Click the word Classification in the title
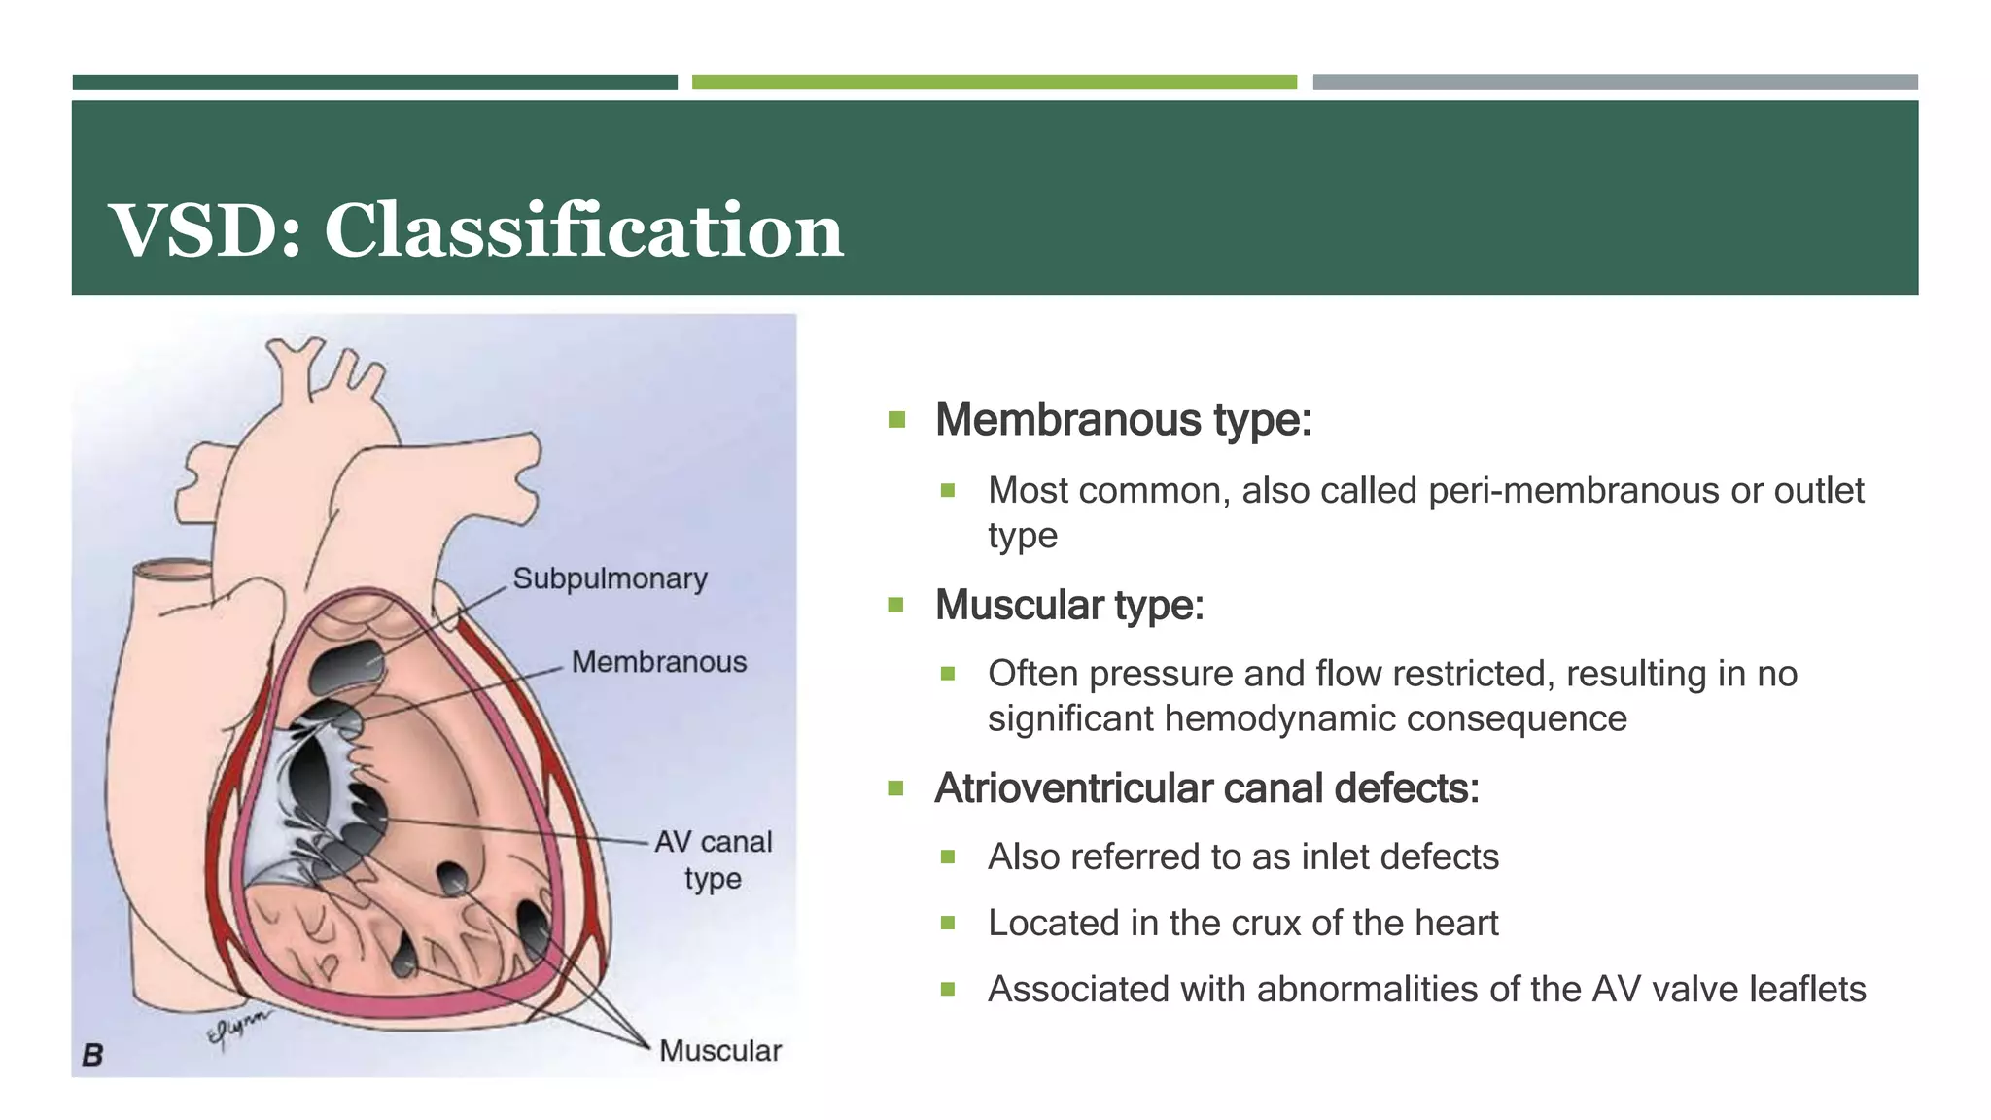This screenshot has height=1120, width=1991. point(583,230)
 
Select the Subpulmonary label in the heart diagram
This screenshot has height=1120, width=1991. point(610,578)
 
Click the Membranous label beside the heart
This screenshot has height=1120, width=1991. point(658,662)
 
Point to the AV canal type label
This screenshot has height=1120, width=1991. point(713,859)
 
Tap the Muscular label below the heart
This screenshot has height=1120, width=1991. point(719,1051)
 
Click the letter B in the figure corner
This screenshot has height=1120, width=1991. point(92,1055)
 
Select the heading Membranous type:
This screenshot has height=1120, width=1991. point(1123,420)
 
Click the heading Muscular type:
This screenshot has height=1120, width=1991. point(1068,605)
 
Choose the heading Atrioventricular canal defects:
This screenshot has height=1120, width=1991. point(1205,788)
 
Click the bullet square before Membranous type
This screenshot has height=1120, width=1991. point(896,420)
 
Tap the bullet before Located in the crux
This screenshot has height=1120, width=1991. point(948,923)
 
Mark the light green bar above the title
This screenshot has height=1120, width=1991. point(994,83)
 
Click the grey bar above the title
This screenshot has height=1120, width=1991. point(1614,83)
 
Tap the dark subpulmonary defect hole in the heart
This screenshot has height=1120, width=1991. point(347,666)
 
